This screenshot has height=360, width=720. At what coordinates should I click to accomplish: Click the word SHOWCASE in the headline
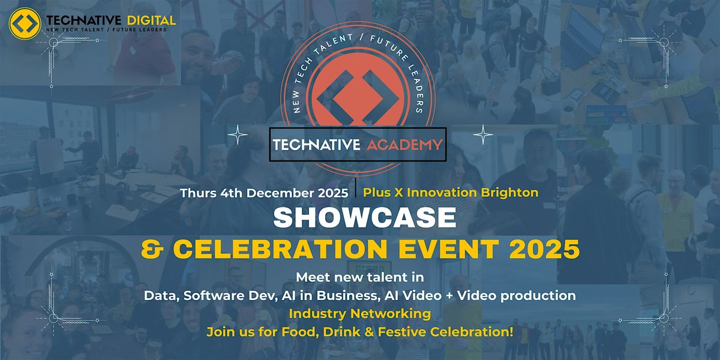(x=365, y=218)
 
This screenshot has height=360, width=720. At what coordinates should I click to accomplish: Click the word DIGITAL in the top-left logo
(x=148, y=20)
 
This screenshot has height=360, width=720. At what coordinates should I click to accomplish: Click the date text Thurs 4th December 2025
(x=265, y=193)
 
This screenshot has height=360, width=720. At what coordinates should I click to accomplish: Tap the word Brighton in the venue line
(x=512, y=193)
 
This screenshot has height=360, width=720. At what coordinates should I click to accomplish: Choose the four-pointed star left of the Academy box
(x=238, y=136)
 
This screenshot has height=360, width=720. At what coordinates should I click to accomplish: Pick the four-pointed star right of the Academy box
(x=483, y=136)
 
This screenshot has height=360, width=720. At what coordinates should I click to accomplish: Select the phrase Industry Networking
(x=360, y=313)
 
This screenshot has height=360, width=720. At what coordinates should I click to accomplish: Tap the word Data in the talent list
(x=158, y=295)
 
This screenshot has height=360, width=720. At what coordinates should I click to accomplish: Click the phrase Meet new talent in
(x=360, y=277)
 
